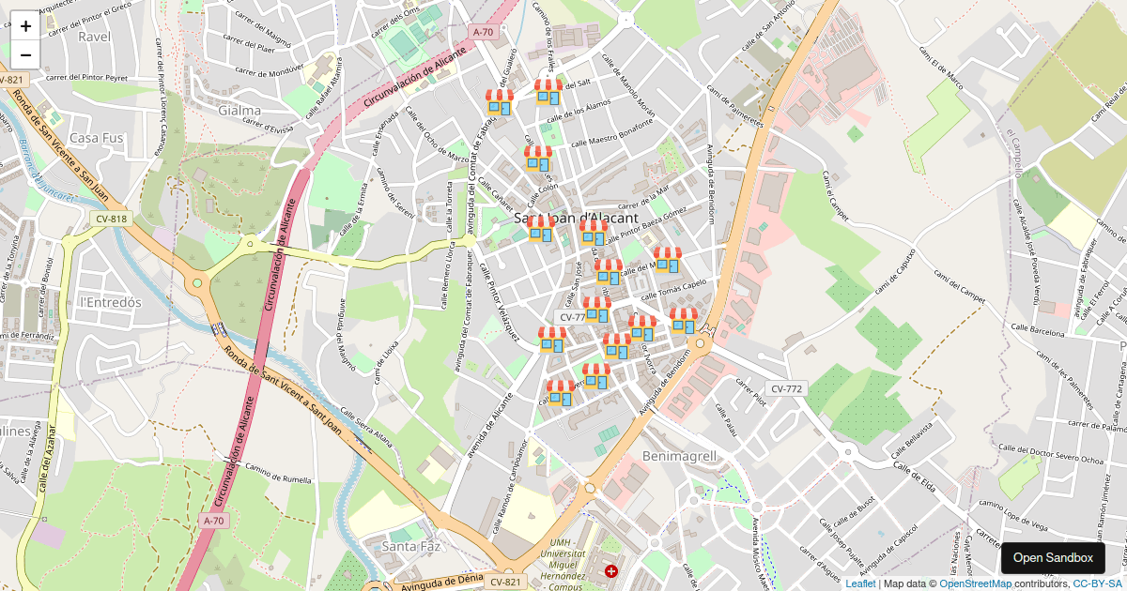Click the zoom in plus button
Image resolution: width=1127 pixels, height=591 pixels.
tap(25, 26)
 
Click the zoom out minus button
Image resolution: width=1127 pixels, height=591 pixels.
tap(25, 54)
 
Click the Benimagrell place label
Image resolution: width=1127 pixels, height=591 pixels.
tap(679, 456)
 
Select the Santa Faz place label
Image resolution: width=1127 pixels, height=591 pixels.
tap(411, 546)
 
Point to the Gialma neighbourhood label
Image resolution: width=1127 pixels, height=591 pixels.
tap(239, 111)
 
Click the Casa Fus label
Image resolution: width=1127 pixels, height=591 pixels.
tap(97, 138)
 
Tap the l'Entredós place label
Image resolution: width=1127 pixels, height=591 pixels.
tap(110, 302)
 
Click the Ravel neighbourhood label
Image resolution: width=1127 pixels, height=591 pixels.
tap(94, 37)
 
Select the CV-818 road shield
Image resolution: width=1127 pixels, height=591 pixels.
tap(111, 220)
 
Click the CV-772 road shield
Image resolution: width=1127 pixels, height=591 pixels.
tap(786, 388)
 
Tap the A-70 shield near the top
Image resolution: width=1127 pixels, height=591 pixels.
tap(483, 32)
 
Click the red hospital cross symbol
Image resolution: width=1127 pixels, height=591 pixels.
tap(611, 570)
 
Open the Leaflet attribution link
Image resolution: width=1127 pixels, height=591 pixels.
tap(859, 583)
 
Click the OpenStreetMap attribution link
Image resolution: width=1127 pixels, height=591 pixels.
tap(975, 583)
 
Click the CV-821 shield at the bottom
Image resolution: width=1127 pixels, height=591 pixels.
tap(505, 583)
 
